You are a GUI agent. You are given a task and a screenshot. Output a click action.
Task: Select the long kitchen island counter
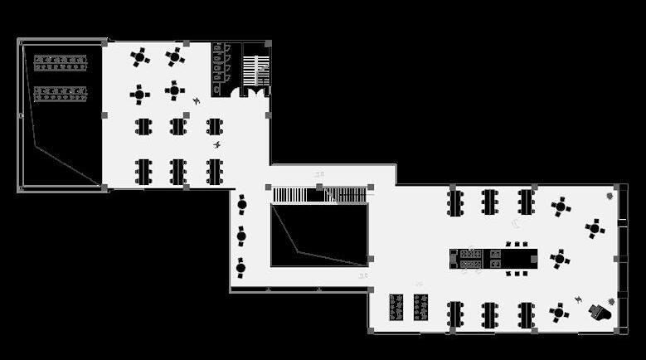tap(493, 258)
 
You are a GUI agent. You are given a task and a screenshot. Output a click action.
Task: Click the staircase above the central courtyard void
tap(319, 195)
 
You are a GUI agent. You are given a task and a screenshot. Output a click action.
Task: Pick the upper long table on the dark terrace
tap(61, 62)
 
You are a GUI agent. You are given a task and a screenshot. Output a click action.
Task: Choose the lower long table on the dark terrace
tap(61, 94)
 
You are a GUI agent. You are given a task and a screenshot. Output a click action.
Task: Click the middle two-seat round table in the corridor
tap(241, 236)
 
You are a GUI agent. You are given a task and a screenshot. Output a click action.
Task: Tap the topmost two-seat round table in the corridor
tap(241, 203)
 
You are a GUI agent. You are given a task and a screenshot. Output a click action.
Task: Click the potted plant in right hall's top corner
tap(610, 197)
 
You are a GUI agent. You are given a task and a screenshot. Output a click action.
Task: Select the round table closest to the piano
tap(559, 313)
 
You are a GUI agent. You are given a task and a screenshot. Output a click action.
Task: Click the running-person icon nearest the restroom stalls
tap(197, 101)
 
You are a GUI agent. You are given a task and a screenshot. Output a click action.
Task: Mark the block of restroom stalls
tap(221, 69)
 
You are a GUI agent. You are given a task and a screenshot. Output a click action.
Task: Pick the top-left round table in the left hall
tap(139, 57)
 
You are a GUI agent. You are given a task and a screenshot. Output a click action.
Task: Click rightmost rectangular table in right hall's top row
tap(526, 202)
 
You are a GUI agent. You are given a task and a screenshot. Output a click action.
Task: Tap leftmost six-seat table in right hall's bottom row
tap(454, 314)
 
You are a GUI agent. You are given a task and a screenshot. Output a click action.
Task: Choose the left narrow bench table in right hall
tap(396, 307)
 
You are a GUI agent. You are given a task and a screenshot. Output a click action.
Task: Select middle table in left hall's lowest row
tap(177, 172)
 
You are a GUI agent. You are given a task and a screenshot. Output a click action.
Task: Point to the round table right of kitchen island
tap(560, 259)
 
